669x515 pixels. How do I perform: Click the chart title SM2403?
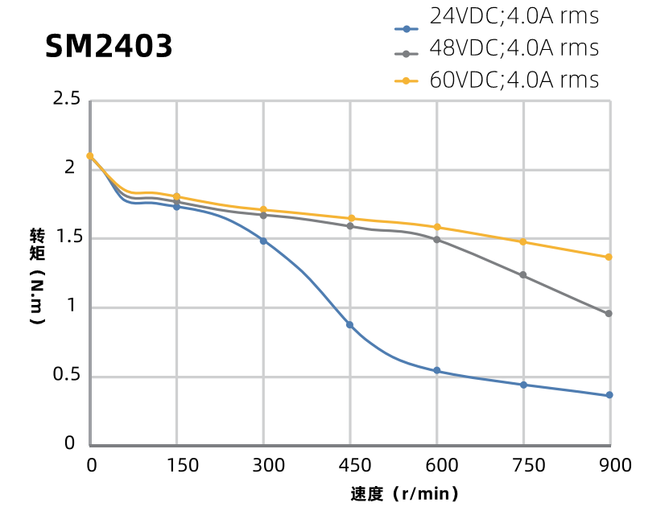[109, 47]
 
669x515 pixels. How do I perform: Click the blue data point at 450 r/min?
[350, 324]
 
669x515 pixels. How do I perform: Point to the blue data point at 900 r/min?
[609, 395]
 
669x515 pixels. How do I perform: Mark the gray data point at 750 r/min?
[523, 275]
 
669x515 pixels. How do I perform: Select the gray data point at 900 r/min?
[609, 314]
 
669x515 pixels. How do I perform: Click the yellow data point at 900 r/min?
[609, 257]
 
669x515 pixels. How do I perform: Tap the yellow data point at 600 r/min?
[437, 227]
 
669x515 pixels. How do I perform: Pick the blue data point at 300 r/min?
[263, 241]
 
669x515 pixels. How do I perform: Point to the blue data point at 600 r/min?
[437, 370]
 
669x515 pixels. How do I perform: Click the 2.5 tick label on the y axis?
[66, 99]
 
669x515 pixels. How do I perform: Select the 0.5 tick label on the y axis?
[66, 375]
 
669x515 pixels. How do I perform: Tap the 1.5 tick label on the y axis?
[66, 237]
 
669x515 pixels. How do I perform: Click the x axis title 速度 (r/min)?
[404, 493]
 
